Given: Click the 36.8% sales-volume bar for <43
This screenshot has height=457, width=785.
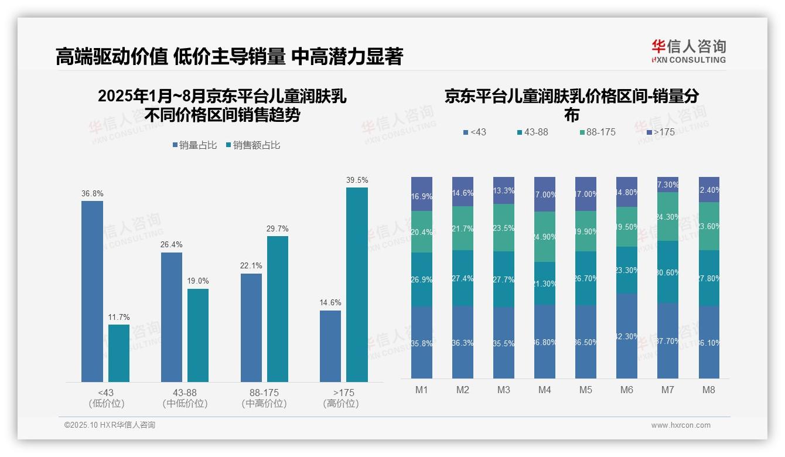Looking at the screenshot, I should (x=92, y=291).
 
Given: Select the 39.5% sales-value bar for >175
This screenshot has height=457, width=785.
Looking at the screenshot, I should (x=357, y=285).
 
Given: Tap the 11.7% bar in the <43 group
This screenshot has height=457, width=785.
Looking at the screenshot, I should (x=119, y=353).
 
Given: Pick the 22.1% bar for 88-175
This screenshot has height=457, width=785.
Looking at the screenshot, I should (x=251, y=328).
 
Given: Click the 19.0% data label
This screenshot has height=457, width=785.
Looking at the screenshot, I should (x=198, y=281).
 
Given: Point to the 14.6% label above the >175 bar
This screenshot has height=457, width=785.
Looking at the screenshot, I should (x=330, y=303).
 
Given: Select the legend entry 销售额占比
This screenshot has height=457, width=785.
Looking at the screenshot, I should (x=252, y=145).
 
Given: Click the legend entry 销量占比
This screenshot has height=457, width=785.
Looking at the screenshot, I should (x=194, y=145).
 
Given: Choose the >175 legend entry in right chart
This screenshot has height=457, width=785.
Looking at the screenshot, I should (x=660, y=132).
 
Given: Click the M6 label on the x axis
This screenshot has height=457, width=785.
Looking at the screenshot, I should (x=626, y=390).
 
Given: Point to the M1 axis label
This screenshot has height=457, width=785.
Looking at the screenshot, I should (x=422, y=390).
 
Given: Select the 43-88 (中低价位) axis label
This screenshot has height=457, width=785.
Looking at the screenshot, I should (x=185, y=398).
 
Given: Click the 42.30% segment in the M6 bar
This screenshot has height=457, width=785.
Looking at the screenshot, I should (x=627, y=336).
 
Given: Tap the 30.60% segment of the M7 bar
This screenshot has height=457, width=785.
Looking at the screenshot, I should (x=668, y=272).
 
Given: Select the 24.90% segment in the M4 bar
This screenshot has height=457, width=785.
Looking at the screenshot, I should (x=545, y=237).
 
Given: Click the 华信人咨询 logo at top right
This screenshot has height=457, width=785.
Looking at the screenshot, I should (x=688, y=51).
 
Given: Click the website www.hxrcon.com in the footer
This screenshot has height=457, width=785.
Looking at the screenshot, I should (x=680, y=425).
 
